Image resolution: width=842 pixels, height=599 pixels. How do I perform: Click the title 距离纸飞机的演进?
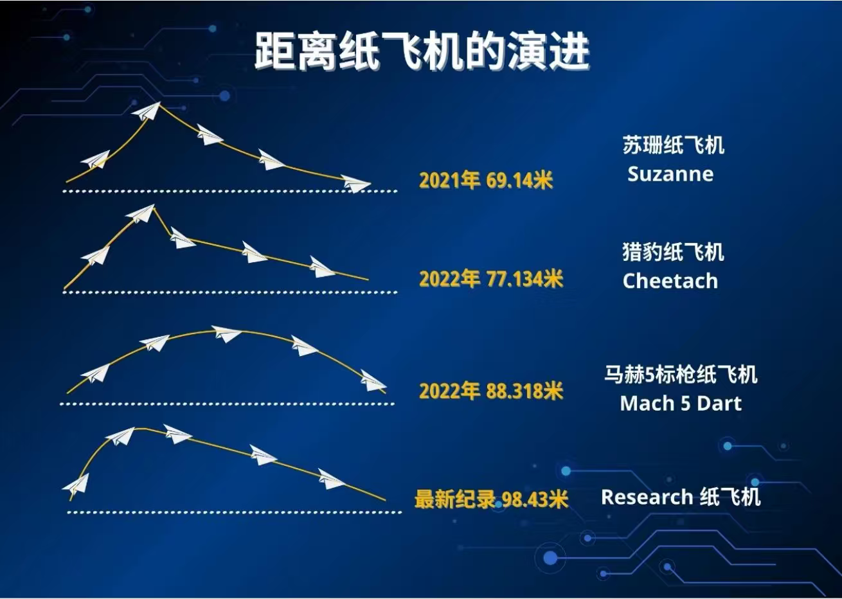point(422,51)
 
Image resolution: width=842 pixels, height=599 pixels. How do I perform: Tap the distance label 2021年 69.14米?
point(486,180)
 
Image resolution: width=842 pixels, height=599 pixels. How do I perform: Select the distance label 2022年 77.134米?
point(491,279)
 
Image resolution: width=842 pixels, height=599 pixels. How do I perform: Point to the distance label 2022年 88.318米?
point(491,391)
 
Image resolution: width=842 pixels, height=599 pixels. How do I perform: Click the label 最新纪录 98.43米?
point(491,499)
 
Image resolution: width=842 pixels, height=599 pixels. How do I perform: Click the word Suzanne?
point(670,174)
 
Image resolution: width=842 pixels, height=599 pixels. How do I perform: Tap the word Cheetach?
point(670,281)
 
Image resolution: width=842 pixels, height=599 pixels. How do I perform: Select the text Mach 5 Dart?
point(681,403)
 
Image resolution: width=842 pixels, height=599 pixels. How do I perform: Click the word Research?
point(647,497)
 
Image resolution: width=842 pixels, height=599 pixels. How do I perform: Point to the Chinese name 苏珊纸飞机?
point(673,145)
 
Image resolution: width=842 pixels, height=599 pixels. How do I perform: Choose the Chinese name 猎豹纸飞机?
point(673,252)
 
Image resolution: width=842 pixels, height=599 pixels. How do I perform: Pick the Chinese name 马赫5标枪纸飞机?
point(681,374)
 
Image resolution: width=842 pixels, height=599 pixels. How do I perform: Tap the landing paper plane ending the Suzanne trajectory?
point(356,184)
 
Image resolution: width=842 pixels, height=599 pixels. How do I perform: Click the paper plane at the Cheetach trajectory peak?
point(141,213)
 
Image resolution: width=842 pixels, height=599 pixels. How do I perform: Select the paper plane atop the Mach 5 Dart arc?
point(227,334)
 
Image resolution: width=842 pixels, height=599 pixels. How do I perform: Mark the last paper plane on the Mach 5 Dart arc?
point(373,380)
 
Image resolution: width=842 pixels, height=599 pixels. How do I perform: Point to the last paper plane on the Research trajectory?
point(331,479)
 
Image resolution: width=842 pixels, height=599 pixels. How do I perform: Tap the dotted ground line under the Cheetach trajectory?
point(230,292)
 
